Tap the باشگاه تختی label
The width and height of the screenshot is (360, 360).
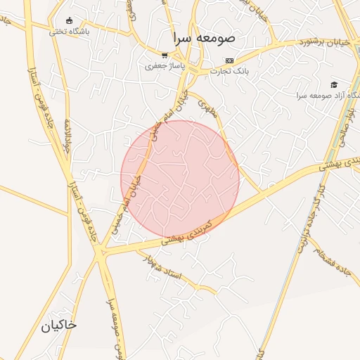pyautogui.click(x=68, y=31)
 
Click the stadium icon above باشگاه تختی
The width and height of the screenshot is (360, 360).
pyautogui.click(x=68, y=20)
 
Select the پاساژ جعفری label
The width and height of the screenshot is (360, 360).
pyautogui.click(x=164, y=67)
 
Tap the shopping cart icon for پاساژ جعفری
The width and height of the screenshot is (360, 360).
pyautogui.click(x=165, y=56)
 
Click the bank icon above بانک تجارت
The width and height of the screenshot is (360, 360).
pyautogui.click(x=229, y=60)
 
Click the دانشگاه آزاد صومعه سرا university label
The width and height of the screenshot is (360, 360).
pyautogui.click(x=323, y=95)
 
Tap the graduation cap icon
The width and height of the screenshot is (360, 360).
pyautogui.click(x=333, y=84)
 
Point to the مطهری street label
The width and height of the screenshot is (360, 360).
pyautogui.click(x=206, y=108)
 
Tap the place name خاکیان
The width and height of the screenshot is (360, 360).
pyautogui.click(x=58, y=326)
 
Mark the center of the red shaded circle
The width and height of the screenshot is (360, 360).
pyautogui.click(x=180, y=179)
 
